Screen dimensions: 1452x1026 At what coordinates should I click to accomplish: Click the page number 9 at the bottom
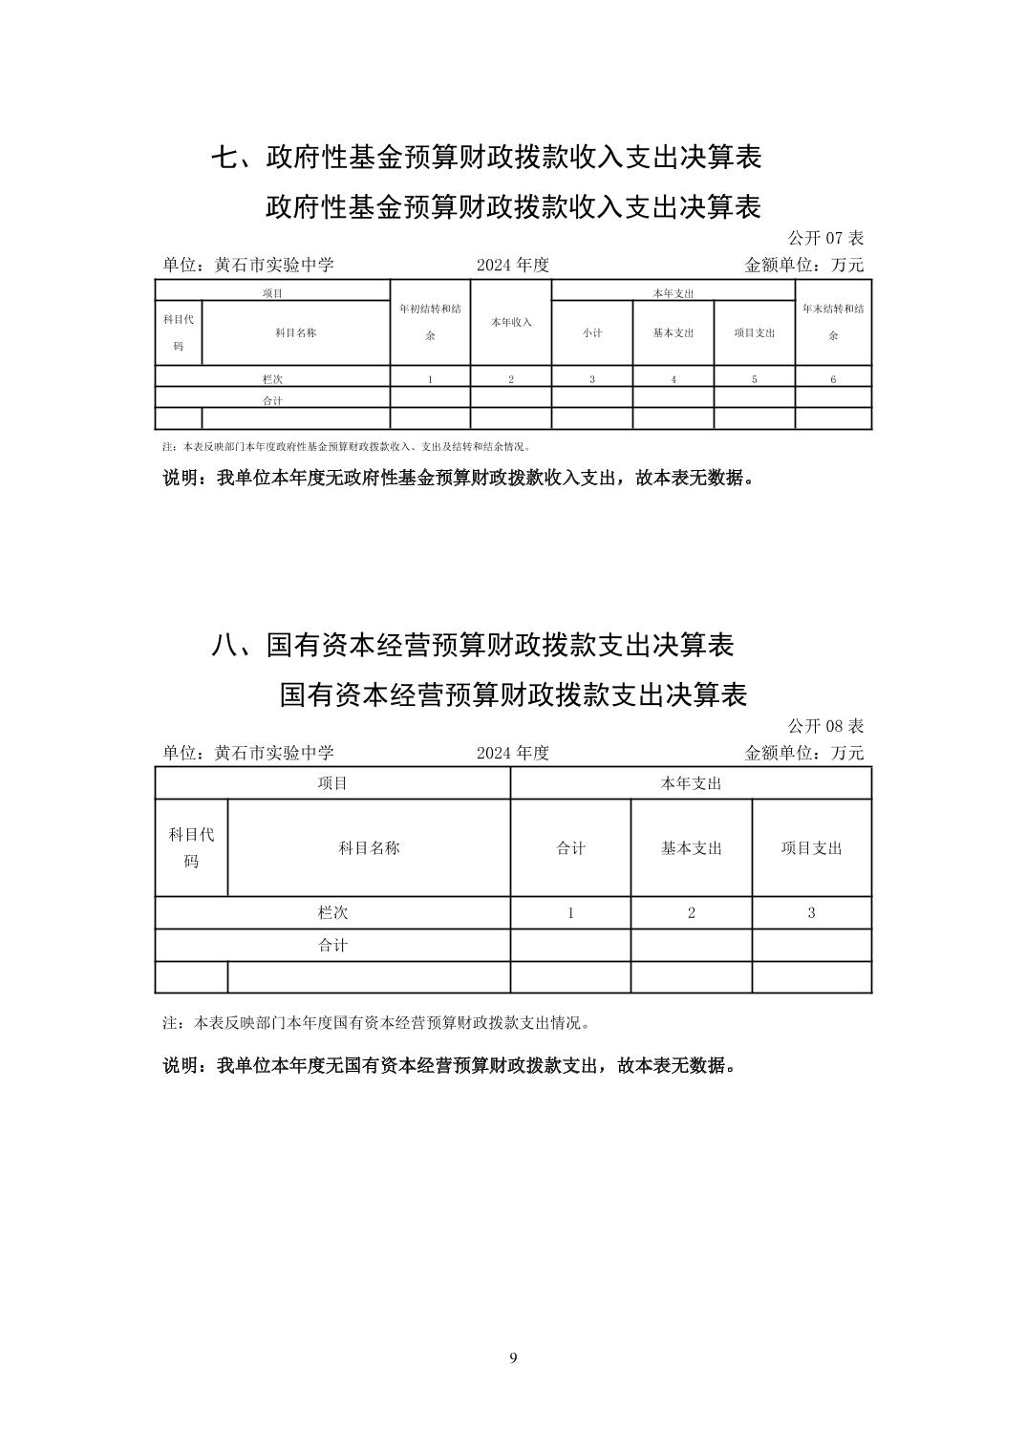pos(513,1358)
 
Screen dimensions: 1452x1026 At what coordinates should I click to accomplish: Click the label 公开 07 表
pos(825,238)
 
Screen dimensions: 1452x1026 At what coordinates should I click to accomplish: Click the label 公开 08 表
pos(825,726)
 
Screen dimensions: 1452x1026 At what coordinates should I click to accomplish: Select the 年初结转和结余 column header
pos(430,322)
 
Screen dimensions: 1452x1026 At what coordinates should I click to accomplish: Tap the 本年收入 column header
pos(511,323)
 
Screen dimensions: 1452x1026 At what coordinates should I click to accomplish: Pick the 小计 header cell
pos(592,333)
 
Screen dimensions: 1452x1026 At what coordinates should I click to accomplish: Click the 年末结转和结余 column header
pos(833,322)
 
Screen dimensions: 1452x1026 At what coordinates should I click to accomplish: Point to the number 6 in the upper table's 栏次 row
pos(833,379)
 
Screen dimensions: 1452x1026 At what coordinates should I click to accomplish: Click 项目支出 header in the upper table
pos(755,333)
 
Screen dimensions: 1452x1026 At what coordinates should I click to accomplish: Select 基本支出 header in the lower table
pos(692,848)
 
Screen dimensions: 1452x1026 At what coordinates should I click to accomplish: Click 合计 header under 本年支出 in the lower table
pos(571,848)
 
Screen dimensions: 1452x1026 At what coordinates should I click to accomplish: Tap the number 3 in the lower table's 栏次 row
pos(811,912)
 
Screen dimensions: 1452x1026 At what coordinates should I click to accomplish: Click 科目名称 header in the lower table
pos(369,848)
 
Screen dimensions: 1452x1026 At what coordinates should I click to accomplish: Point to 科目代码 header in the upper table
pos(179,332)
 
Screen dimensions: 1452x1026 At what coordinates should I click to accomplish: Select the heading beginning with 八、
pos(472,646)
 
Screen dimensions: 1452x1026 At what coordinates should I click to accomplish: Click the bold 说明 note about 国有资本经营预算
pos(449,1065)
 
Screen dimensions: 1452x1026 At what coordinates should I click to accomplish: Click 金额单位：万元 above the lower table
pos(803,753)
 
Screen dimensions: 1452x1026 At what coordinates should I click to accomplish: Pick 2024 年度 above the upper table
pos(513,266)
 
